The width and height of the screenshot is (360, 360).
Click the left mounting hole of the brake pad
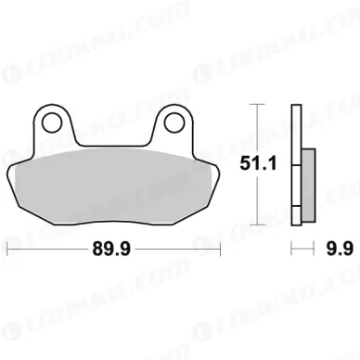click(52, 123)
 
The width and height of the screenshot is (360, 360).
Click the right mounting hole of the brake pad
click(174, 123)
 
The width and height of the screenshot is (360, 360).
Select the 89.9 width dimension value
click(112, 249)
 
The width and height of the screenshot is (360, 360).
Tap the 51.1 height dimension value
click(258, 163)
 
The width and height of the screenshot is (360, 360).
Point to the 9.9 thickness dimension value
click(340, 249)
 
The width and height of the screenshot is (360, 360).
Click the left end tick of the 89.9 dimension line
click(7, 249)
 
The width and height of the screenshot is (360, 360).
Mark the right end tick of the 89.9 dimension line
click(220, 249)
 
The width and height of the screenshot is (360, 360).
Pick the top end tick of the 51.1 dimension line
click(257, 105)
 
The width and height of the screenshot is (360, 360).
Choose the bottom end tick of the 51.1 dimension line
click(257, 225)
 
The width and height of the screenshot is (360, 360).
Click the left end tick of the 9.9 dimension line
click(291, 249)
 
